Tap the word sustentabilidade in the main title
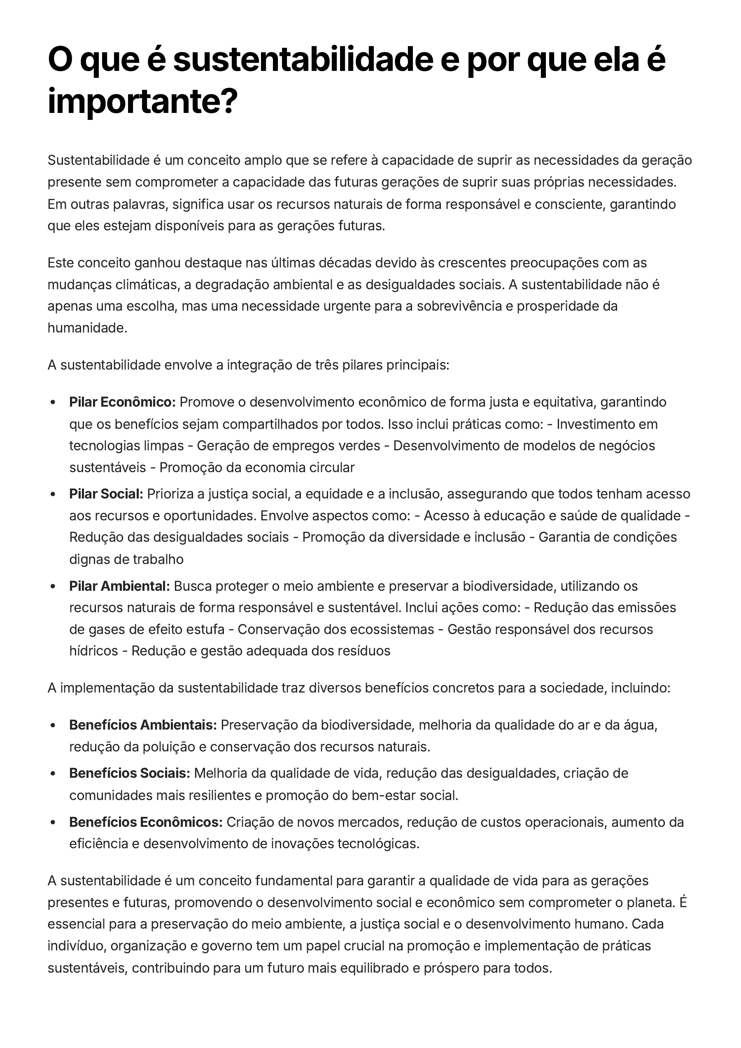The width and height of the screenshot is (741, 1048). (x=302, y=60)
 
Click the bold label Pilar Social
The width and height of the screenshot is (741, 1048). (x=106, y=494)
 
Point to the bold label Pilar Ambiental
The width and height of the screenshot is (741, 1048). (x=119, y=586)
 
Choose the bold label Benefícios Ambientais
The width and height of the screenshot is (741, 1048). (x=142, y=725)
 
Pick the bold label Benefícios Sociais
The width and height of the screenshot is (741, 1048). (x=129, y=773)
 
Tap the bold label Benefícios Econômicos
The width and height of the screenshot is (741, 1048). (x=146, y=822)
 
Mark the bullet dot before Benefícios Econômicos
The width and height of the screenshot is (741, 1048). (x=53, y=822)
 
